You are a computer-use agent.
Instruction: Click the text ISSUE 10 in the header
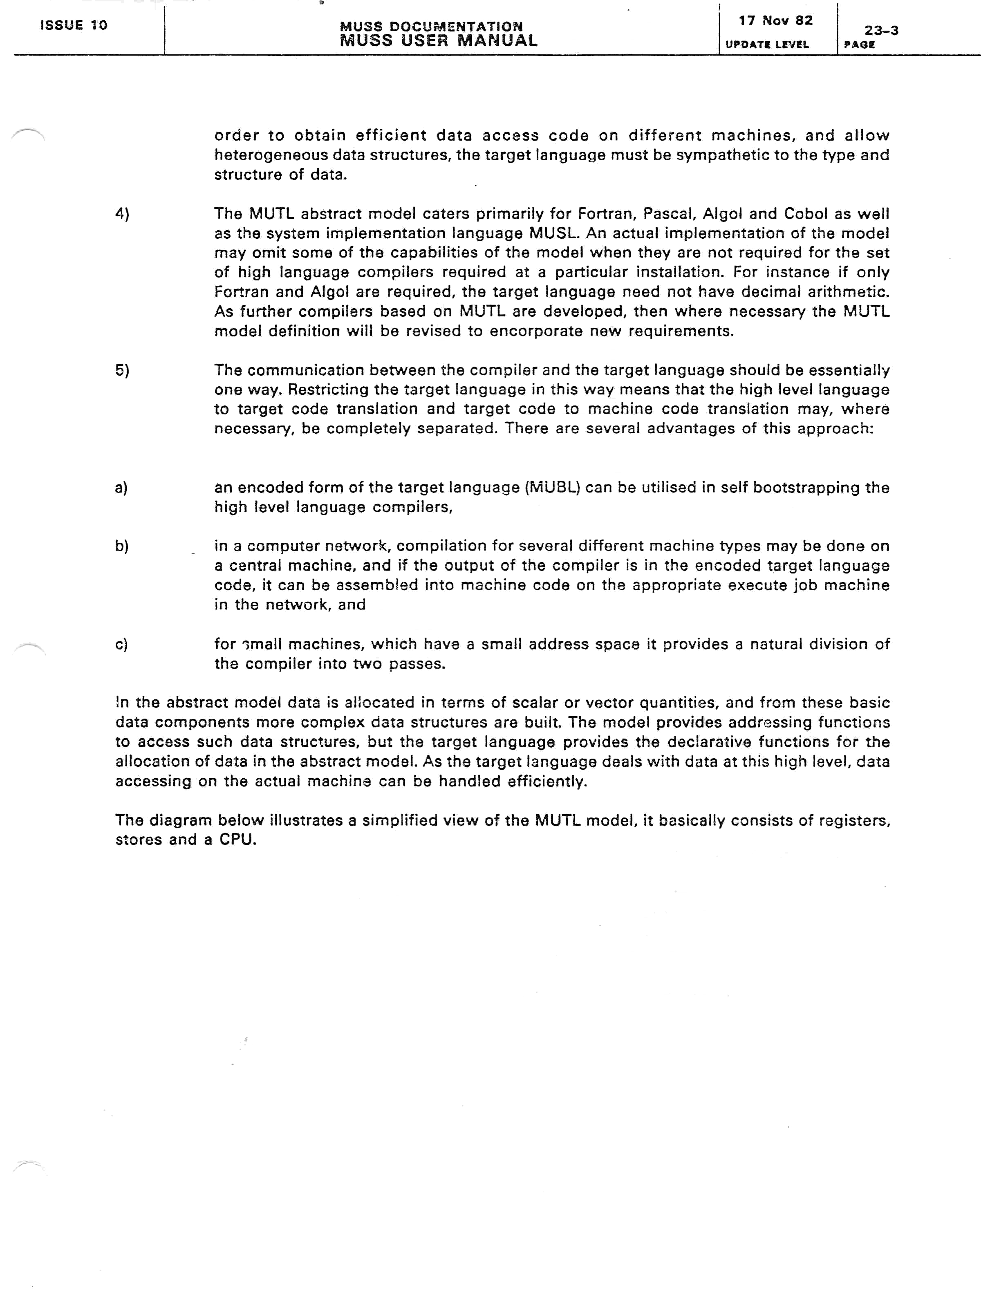pos(73,25)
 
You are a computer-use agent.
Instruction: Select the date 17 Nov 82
pos(775,21)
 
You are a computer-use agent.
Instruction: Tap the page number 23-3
pos(881,30)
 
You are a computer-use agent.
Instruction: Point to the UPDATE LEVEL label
pos(766,44)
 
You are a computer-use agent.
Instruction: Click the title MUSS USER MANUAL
pos(438,41)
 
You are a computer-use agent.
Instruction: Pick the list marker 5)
pos(122,370)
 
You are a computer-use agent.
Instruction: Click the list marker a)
pos(121,487)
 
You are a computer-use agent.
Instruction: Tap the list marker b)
pos(122,546)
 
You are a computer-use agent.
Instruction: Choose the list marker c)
pos(121,644)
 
